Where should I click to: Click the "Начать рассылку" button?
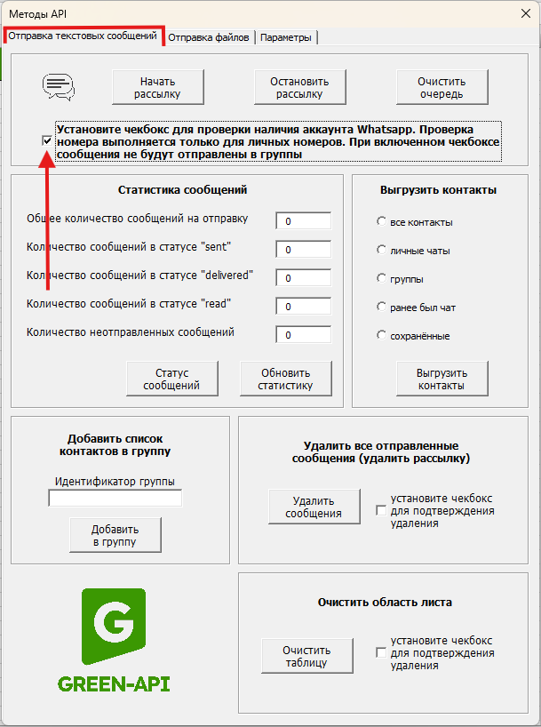pos(158,87)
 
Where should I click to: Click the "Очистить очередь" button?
pos(442,87)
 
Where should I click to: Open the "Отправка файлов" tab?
pos(210,37)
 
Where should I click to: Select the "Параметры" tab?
pos(286,37)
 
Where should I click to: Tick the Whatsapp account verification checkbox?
pos(47,140)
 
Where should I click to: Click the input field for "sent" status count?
pos(303,250)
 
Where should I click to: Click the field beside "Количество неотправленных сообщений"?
pos(303,335)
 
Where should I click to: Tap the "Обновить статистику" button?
pos(285,379)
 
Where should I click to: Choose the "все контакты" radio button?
pos(381,221)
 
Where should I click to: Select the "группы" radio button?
pos(381,278)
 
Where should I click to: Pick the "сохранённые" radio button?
pos(381,335)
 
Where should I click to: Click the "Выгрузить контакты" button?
pos(442,379)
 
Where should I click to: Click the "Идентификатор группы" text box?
pos(115,499)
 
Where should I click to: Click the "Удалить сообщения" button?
pos(314,507)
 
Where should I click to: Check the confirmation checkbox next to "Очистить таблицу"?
pos(381,653)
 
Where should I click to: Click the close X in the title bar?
pos(522,13)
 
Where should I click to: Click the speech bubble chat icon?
pos(59,86)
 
